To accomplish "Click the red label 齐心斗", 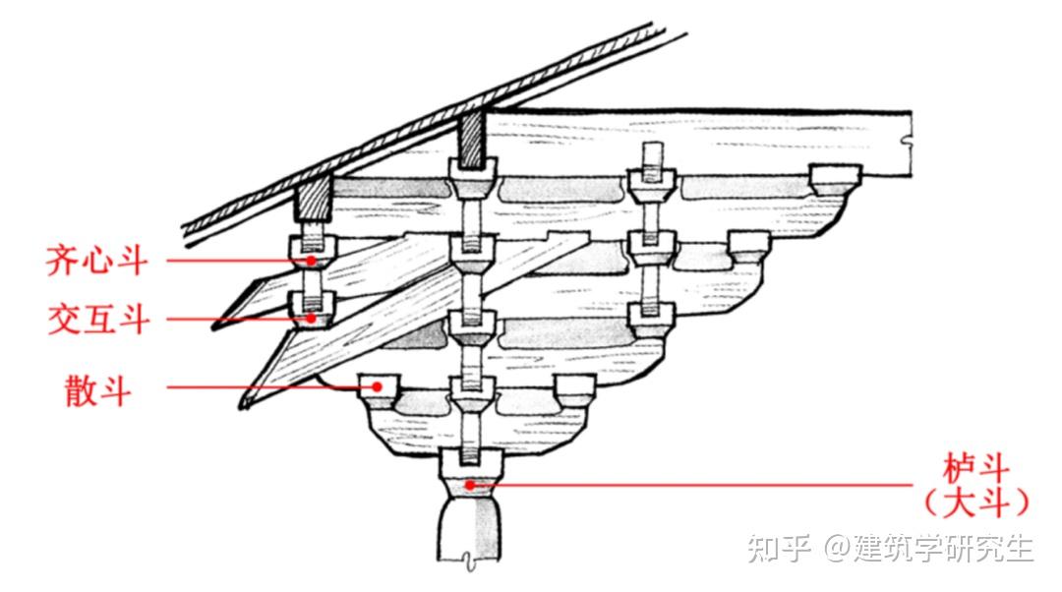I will point(97,262).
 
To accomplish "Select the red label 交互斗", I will point(97,320).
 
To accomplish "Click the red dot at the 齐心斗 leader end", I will point(311,261).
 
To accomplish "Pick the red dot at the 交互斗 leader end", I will point(311,319).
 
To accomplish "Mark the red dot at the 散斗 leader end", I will point(376,387).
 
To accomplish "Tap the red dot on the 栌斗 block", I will point(472,484).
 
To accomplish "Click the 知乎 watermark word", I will point(779,547).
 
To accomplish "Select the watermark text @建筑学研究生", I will point(930,547).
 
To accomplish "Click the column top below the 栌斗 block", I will point(470,531).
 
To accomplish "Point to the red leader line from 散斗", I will point(265,387).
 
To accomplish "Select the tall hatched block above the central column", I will point(471,137).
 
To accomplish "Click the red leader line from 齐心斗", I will point(236,261).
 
